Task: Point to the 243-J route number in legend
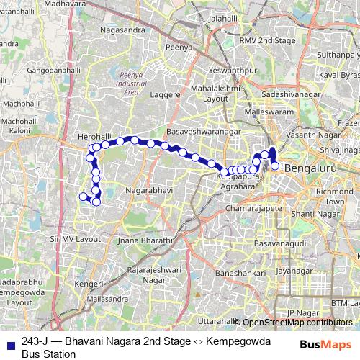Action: point(35,341)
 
